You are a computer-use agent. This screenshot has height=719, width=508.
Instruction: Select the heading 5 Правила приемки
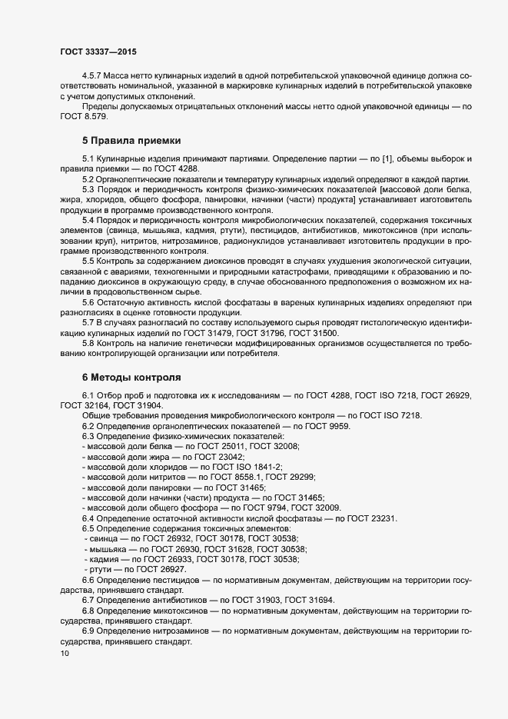point(131,141)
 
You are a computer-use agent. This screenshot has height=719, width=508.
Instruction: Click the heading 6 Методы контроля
point(131,378)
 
